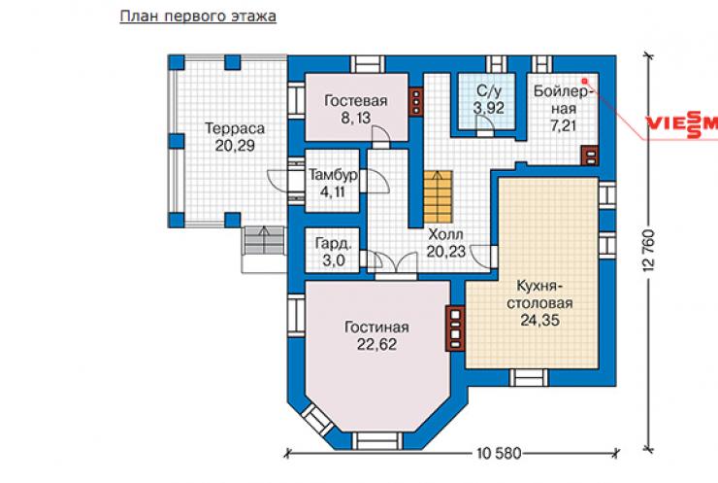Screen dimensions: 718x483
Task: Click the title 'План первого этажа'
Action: (198, 17)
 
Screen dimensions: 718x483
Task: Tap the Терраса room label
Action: (235, 128)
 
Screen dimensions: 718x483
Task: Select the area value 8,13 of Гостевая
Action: (355, 118)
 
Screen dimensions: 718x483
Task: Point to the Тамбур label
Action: (334, 175)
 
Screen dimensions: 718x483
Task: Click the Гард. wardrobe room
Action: (333, 252)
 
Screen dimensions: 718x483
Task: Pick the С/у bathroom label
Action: (488, 90)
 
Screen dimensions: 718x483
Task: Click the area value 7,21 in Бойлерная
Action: (563, 125)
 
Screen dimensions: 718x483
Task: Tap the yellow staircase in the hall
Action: (439, 196)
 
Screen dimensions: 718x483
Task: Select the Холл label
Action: (445, 234)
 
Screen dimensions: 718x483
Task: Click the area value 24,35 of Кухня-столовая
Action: (539, 320)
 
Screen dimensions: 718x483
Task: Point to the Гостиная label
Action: (376, 328)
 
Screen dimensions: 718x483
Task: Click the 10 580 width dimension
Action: (499, 454)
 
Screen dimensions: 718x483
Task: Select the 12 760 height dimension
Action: (652, 250)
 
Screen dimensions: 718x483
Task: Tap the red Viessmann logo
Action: (682, 123)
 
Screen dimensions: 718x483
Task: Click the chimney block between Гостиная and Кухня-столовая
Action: (455, 328)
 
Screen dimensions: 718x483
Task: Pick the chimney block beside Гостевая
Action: (416, 101)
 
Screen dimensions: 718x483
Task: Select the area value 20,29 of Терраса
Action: (235, 146)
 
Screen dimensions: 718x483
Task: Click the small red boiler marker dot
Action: (584, 81)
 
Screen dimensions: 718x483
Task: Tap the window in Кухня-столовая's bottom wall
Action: (529, 377)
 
